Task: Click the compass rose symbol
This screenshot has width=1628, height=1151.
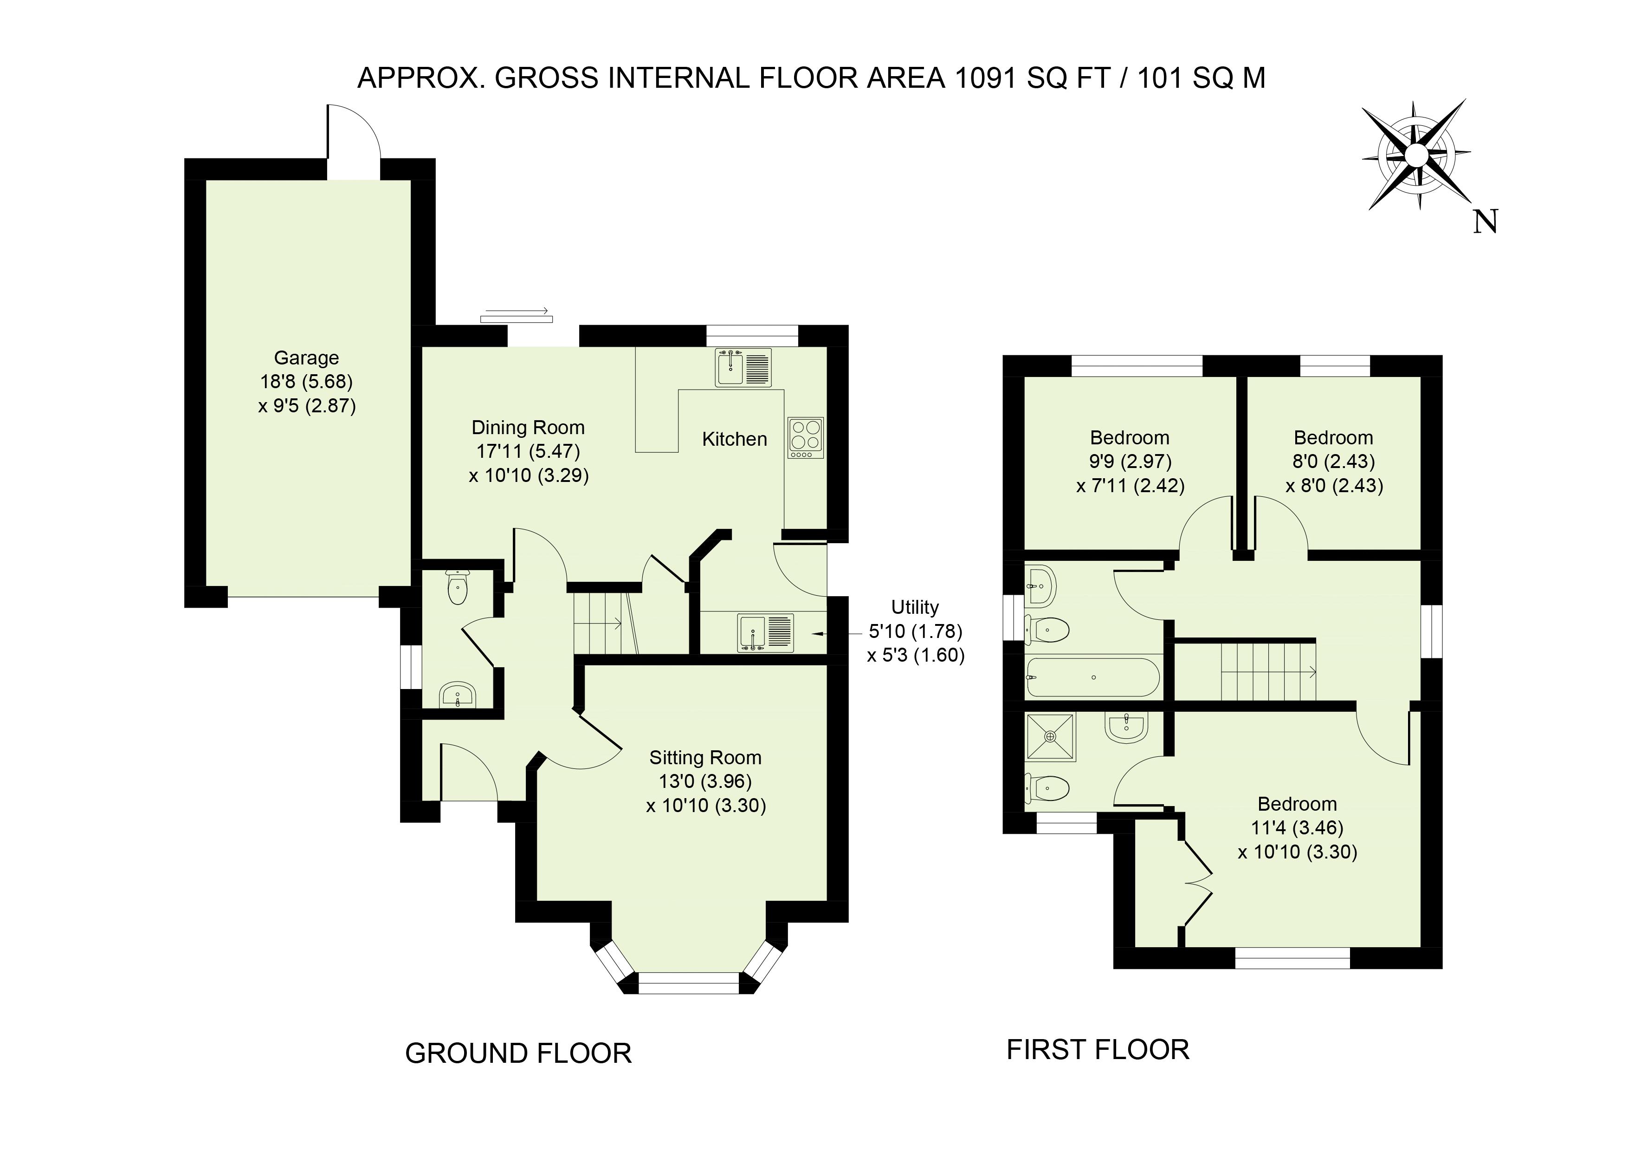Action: coord(1415,155)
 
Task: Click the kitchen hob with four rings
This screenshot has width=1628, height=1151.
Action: coord(806,437)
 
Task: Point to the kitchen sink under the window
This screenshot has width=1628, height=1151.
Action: coord(743,367)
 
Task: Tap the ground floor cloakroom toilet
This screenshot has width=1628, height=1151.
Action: coord(457,588)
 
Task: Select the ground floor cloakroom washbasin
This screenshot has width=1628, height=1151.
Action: coord(458,694)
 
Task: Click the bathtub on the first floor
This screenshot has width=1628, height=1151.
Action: coord(1092,678)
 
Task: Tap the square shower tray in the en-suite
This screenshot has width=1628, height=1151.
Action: coord(1050,737)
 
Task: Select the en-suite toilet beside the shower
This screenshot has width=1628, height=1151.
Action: coord(1047,787)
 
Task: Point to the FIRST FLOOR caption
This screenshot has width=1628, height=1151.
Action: coord(1098,1050)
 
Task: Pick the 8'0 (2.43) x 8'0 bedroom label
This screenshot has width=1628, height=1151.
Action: coord(1334,462)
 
